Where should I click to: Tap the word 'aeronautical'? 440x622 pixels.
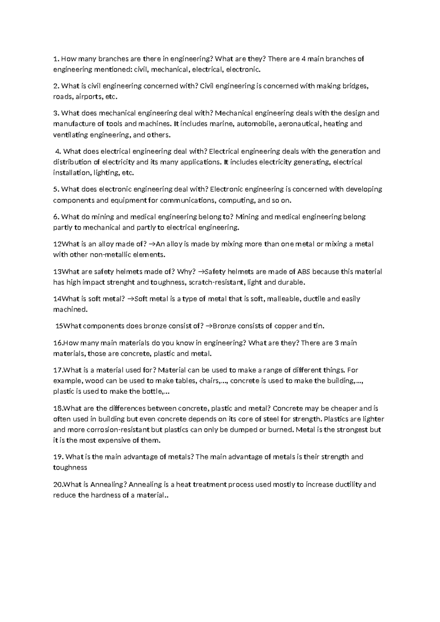300,124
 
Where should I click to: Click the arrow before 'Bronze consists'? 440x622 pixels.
209,326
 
